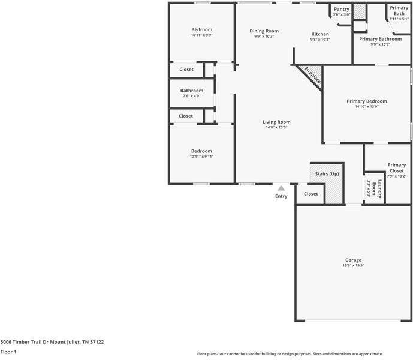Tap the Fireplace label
coord(312,75)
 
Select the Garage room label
coord(353,260)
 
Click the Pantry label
coord(341,9)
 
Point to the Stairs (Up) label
coord(327,174)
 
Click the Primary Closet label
coord(396,168)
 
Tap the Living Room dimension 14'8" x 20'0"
coord(276,127)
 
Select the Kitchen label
coord(320,34)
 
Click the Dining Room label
coord(264,31)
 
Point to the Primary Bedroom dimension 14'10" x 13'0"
coord(367,107)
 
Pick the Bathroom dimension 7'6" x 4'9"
coord(192,95)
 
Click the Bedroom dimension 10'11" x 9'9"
coord(201,35)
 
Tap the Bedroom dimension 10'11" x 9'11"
coord(201,157)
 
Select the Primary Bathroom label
coord(380,39)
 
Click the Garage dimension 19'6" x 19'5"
coord(353,265)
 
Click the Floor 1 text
coord(8,352)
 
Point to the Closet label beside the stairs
coord(310,194)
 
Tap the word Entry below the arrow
coord(281,196)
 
